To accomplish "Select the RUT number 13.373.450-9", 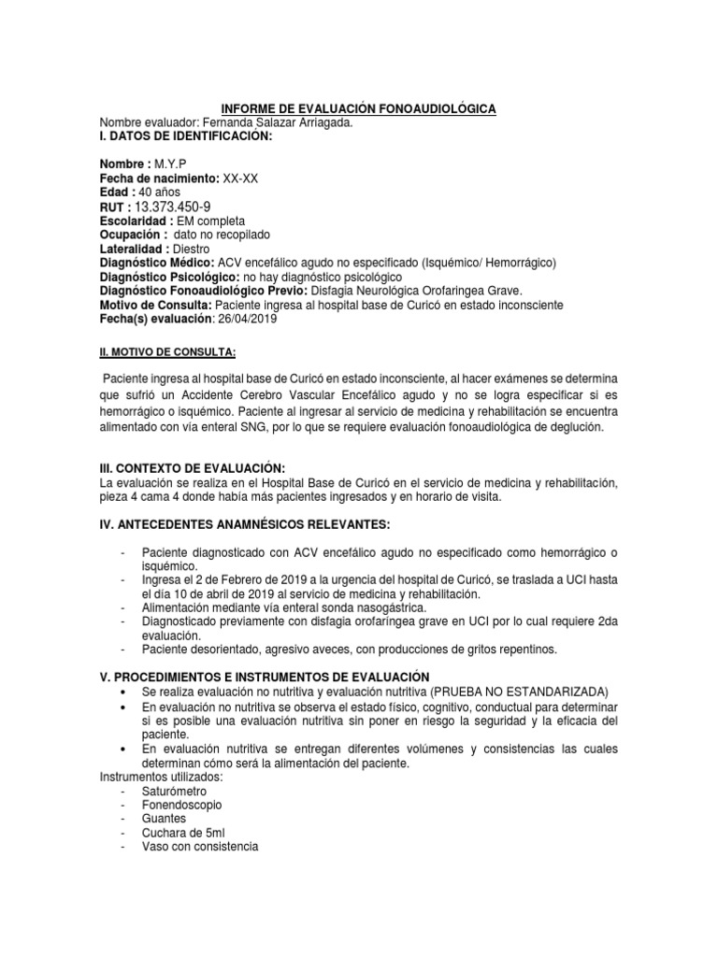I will [x=173, y=206].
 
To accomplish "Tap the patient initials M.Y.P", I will [x=171, y=164].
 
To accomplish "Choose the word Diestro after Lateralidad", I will [x=192, y=250].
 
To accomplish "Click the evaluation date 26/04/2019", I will [x=248, y=319].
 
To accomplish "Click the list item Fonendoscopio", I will [x=183, y=805].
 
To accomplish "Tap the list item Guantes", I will [x=165, y=819].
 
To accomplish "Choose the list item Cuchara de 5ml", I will [x=183, y=833].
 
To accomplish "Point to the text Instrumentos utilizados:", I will [x=162, y=777].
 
